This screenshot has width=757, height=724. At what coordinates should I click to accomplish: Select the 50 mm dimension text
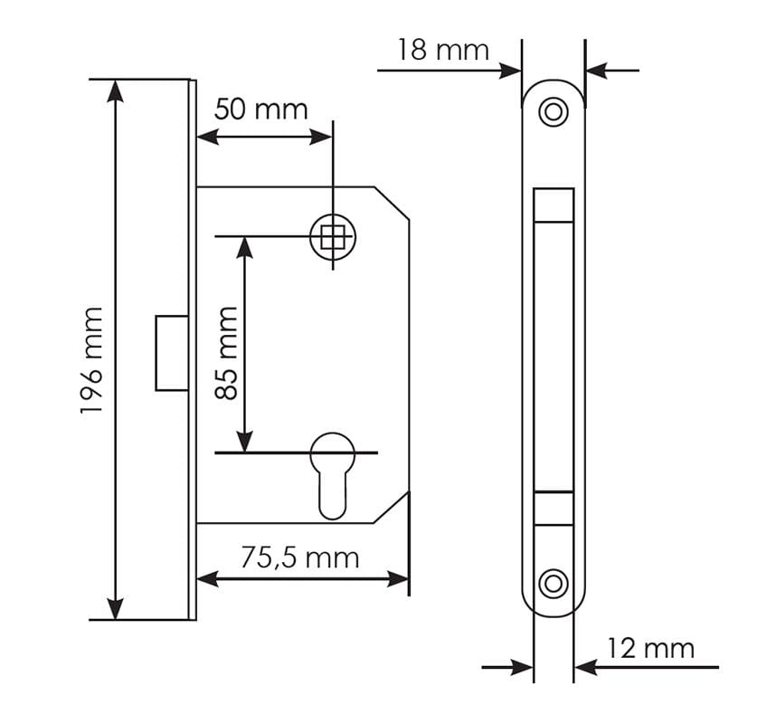point(260,110)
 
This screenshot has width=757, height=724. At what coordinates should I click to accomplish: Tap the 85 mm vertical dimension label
point(226,353)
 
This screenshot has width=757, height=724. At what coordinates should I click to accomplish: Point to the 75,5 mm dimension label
point(299,557)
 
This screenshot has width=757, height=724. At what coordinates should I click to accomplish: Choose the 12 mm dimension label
point(650,648)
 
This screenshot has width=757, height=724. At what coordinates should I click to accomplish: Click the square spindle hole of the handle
point(333,237)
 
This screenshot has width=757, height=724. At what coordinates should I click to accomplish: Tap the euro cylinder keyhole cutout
point(332,475)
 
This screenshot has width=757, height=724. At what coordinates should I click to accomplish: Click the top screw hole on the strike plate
point(553,112)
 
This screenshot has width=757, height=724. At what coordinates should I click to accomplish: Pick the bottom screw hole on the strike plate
point(553,583)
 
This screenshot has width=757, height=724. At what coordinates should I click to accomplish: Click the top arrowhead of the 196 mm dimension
point(116,89)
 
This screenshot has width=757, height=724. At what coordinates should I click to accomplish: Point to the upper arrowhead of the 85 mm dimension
point(244,245)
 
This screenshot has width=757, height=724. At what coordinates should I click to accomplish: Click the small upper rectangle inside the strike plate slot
point(554,205)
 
